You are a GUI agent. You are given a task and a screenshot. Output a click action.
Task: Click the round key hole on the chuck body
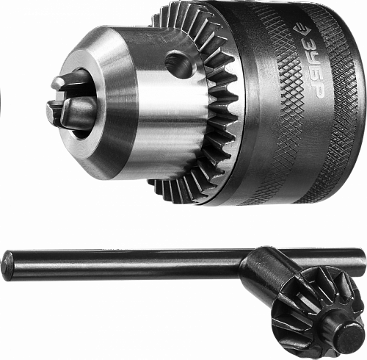pyautogui.click(x=179, y=61)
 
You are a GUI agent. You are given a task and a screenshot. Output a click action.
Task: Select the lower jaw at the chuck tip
pyautogui.click(x=71, y=112)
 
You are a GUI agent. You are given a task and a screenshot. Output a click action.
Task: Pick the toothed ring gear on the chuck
pyautogui.click(x=211, y=103)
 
